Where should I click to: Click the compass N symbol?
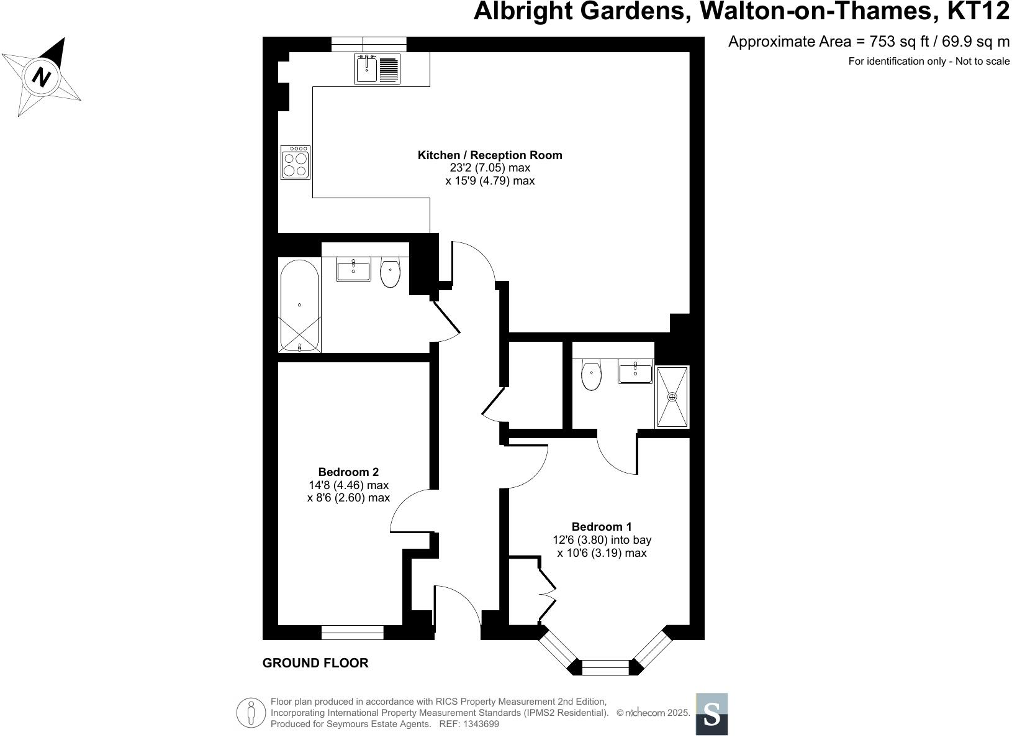click(42, 78)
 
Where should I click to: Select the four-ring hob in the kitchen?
click(295, 163)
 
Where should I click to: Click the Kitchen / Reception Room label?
click(490, 155)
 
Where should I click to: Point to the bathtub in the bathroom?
click(299, 305)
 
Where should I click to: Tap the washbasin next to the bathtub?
click(353, 271)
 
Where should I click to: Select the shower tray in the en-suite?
click(672, 396)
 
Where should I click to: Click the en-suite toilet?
click(591, 375)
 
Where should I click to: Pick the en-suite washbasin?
click(635, 373)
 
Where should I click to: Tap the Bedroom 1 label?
click(602, 527)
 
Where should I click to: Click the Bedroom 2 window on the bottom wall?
click(353, 633)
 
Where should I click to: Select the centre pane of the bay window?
click(605, 667)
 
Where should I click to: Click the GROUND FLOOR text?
click(315, 663)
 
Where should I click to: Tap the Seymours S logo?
click(712, 714)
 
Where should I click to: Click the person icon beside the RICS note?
click(251, 712)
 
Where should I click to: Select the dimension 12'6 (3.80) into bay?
click(602, 540)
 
